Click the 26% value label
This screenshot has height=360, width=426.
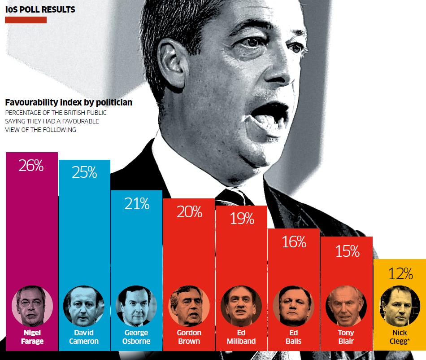tap(31, 166)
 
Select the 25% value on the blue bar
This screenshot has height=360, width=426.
tap(84, 172)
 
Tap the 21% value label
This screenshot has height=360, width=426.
tap(136, 204)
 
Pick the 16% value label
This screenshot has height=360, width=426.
tap(294, 242)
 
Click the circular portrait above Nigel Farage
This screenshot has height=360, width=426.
tap(32, 306)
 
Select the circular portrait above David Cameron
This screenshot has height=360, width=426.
tap(84, 306)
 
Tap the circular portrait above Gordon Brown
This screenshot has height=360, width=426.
tap(189, 306)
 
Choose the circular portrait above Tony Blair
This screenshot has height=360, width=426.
tap(346, 306)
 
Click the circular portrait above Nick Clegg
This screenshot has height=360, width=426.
tap(400, 306)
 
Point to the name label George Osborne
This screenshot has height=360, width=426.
tap(136, 337)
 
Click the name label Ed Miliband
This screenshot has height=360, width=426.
tap(241, 337)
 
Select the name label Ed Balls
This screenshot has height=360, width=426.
tap(294, 337)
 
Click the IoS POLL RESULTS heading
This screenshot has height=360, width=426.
tap(40, 9)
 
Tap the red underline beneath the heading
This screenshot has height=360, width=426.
tap(26, 20)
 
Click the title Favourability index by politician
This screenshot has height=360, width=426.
tap(69, 102)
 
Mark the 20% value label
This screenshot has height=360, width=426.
tap(189, 212)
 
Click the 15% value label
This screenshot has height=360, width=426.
tap(347, 251)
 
